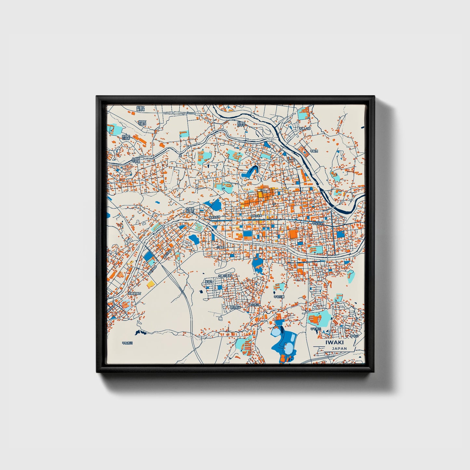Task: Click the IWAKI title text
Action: click(x=334, y=342)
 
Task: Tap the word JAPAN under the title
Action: click(x=339, y=348)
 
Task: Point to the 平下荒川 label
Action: click(x=316, y=329)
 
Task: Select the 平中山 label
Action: click(x=354, y=335)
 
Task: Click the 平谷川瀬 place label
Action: click(x=279, y=297)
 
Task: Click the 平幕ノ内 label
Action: click(x=305, y=129)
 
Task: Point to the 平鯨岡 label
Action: click(x=313, y=151)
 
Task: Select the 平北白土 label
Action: click(x=318, y=223)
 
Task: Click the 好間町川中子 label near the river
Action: click(x=241, y=124)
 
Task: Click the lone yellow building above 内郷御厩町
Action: click(x=150, y=285)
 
